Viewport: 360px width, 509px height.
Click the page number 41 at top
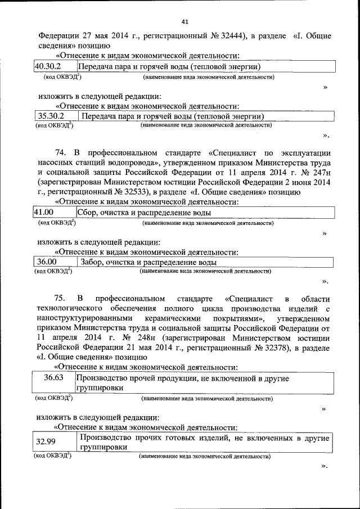tap(184, 22)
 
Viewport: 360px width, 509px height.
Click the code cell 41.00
tap(43, 213)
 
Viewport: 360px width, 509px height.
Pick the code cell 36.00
tap(47, 262)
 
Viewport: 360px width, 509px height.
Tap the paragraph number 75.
tap(61, 298)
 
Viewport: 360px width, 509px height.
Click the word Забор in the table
tap(93, 262)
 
